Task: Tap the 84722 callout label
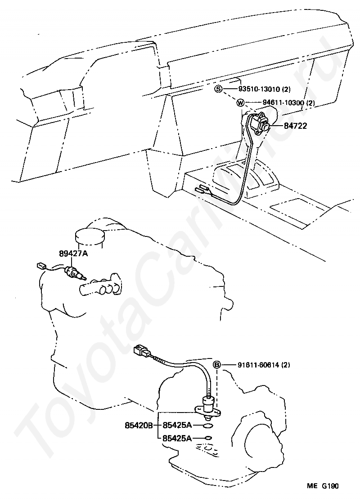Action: point(296,126)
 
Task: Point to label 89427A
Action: point(73,254)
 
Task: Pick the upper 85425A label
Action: point(177,425)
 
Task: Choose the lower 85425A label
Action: point(177,438)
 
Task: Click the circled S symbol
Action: point(218,89)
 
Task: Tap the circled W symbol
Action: point(240,103)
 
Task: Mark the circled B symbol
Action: point(216,365)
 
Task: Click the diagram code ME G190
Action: point(323,485)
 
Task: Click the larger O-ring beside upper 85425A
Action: point(207,426)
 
